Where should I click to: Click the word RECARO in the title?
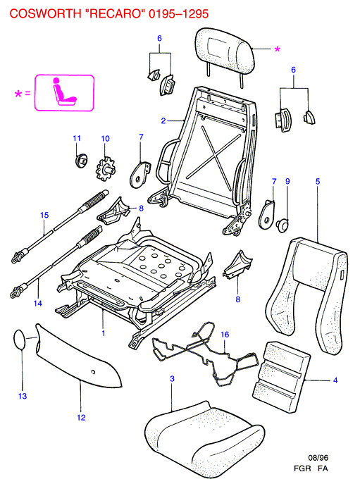point(115,13)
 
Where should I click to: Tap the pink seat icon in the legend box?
point(65,92)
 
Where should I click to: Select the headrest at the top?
point(224,50)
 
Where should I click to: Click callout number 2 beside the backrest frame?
point(163,120)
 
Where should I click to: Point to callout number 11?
point(77,138)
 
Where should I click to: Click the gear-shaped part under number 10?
point(105,169)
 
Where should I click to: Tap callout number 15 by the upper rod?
point(44,215)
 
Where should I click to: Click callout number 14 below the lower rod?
point(37,303)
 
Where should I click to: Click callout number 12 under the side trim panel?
point(81,418)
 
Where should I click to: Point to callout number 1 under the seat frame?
point(104,333)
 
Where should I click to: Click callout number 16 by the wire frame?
point(225,335)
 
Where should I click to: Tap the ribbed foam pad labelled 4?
point(281,377)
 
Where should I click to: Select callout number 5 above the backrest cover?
point(318,181)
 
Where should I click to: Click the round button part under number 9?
point(283,225)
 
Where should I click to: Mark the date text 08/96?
point(318,458)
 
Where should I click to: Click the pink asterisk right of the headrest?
point(278,49)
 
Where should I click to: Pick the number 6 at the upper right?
point(293,70)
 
